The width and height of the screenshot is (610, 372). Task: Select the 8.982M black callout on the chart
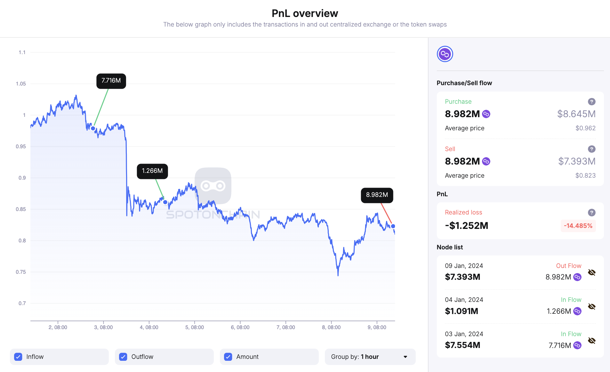click(377, 195)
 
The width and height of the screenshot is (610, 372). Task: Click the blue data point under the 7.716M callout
click(93, 128)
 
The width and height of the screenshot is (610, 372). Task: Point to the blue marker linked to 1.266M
click(165, 202)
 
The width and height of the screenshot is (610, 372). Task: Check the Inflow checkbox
click(18, 357)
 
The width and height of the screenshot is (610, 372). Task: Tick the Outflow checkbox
click(123, 357)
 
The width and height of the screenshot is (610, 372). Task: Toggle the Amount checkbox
click(228, 357)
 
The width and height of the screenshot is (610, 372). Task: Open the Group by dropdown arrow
click(405, 357)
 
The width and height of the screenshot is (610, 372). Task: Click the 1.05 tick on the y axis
click(21, 84)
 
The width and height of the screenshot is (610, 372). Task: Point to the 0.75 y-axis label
click(21, 272)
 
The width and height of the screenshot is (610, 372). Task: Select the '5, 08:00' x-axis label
click(195, 327)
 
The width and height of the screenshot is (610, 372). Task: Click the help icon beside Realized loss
click(591, 213)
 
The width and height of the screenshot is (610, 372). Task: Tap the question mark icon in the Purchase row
click(591, 102)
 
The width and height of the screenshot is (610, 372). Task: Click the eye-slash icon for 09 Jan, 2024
click(591, 272)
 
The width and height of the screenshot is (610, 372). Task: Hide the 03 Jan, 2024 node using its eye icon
click(591, 341)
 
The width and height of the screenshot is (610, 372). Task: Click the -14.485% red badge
click(578, 226)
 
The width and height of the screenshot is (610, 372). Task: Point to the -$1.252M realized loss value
click(466, 226)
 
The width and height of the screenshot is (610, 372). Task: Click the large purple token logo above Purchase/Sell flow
click(445, 54)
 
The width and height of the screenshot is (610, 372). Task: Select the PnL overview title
click(305, 13)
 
